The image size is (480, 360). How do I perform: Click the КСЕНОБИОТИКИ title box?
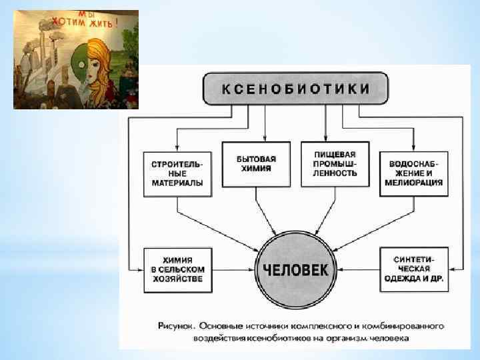click(296, 89)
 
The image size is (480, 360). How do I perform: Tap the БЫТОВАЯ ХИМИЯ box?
click(256, 164)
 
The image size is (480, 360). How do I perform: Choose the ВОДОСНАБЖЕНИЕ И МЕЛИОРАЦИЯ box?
click(413, 173)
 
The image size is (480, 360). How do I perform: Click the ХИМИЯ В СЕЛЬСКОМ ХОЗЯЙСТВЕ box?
click(177, 269)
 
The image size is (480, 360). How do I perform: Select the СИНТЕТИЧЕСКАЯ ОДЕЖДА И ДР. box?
click(414, 269)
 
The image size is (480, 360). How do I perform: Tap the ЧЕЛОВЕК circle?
click(296, 269)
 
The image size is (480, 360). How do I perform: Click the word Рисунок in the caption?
click(176, 327)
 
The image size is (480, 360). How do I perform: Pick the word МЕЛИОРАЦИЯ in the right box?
click(413, 183)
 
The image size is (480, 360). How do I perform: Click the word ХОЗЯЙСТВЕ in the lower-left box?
click(177, 279)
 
